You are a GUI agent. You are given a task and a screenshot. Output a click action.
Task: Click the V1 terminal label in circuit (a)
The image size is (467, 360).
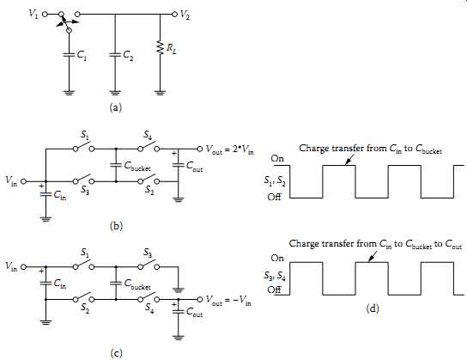[x=33, y=14]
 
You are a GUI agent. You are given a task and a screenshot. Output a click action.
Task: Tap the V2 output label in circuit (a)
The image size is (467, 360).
[x=185, y=15]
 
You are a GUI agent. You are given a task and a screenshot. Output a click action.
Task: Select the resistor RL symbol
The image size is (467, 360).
[x=161, y=47]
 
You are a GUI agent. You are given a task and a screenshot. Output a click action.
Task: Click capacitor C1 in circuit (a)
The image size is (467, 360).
[x=69, y=55]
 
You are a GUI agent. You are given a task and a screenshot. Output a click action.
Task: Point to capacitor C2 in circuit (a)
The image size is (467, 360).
[x=115, y=55]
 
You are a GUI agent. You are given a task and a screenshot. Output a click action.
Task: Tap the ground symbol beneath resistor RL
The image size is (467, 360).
[x=161, y=93]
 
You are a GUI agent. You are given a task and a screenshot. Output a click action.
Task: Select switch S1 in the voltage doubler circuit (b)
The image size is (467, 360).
[x=83, y=148]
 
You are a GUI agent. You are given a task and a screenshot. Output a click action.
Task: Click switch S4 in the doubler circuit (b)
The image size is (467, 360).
[x=149, y=148]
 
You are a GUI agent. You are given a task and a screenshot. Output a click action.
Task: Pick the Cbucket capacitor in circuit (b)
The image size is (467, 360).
[x=116, y=165]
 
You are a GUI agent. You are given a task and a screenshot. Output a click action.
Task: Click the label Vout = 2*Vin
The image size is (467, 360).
[x=230, y=149]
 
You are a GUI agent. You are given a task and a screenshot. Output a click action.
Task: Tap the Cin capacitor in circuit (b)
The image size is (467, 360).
[x=45, y=194]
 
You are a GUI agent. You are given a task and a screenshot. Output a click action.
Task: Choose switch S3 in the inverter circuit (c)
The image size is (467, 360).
[x=149, y=265]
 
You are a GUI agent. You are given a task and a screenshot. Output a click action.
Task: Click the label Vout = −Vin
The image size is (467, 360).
[x=228, y=300]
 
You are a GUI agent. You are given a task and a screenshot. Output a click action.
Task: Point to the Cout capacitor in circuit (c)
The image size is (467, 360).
[x=178, y=311]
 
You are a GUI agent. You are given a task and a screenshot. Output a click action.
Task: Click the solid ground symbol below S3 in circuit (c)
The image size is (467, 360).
[x=178, y=290]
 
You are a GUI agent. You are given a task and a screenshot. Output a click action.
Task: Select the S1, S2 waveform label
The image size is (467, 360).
[x=275, y=181]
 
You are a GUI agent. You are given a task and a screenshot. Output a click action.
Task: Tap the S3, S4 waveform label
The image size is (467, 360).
[x=275, y=276]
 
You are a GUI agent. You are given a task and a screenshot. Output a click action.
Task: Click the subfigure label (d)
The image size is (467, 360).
[x=373, y=308]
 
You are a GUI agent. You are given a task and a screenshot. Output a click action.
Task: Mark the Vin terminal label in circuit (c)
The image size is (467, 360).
[x=11, y=265]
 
